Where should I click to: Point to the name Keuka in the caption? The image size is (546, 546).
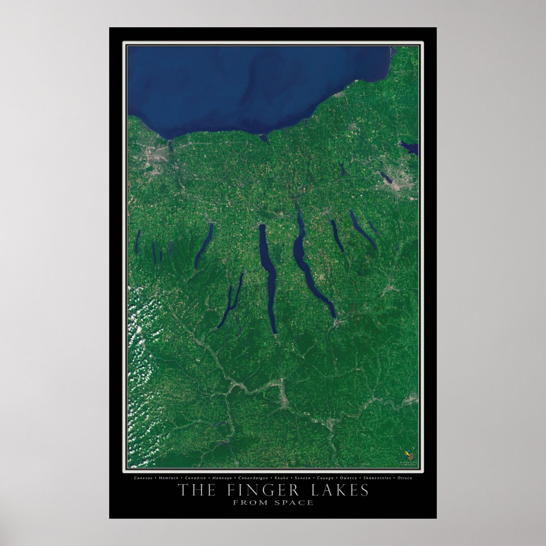[x=281, y=478]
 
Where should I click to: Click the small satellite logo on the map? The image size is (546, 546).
[x=408, y=455]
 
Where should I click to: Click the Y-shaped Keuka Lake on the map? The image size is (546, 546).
[x=230, y=301]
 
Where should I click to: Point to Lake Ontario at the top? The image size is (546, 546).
[x=253, y=86]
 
